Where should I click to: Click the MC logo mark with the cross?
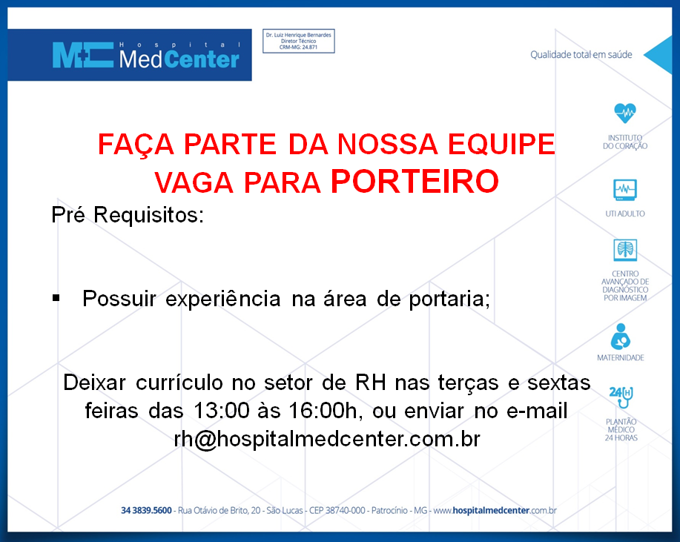tap(82, 55)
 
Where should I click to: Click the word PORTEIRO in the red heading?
tap(415, 181)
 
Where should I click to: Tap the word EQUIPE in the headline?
tap(501, 144)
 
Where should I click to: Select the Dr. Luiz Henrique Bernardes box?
tap(298, 42)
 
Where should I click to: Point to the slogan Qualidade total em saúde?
tap(581, 55)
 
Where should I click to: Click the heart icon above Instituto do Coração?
tap(625, 113)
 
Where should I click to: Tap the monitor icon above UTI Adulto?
tap(625, 190)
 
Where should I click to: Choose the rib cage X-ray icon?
tap(625, 250)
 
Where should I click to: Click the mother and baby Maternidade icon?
tap(621, 337)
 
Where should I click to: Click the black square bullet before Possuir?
tap(56, 298)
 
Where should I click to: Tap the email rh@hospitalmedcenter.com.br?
tap(327, 439)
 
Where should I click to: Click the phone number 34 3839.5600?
tap(146, 510)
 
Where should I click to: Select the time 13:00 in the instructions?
tap(222, 411)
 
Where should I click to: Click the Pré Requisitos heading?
tap(128, 214)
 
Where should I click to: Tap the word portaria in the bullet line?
tap(449, 300)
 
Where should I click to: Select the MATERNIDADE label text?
tap(621, 357)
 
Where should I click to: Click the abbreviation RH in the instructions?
tap(371, 383)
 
